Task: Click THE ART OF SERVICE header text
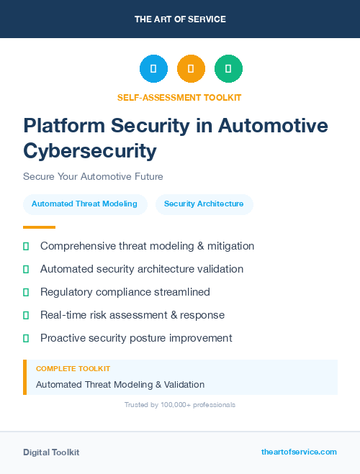click(180, 19)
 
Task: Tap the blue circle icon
click(153, 69)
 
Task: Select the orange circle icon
click(191, 69)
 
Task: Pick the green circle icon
click(228, 69)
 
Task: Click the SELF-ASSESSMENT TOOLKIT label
click(180, 97)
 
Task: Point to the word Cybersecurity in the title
click(89, 150)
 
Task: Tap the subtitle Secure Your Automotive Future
click(93, 176)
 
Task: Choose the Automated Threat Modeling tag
click(84, 204)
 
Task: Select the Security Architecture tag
click(204, 204)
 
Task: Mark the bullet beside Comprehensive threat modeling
click(26, 246)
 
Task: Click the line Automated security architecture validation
click(142, 269)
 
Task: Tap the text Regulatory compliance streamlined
click(125, 292)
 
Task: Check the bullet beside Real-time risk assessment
click(26, 315)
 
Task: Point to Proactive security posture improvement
click(136, 338)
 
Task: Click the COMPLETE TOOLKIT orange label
click(73, 368)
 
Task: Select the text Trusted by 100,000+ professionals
click(180, 405)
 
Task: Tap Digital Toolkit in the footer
click(51, 452)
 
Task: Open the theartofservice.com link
click(299, 452)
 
